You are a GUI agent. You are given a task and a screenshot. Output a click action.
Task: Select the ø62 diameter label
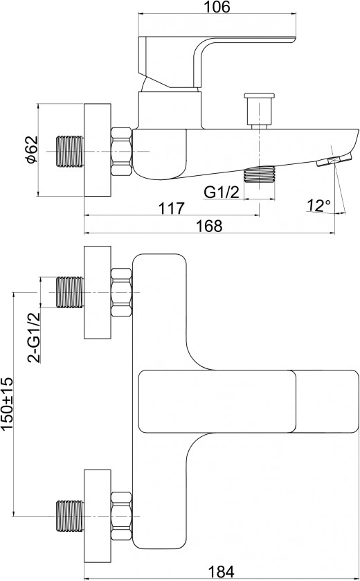(32, 150)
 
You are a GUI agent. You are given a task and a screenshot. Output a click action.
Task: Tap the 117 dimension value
(172, 208)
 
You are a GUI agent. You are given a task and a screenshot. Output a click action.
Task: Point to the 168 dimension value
(209, 226)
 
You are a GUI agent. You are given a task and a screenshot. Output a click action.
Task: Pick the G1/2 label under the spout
(222, 193)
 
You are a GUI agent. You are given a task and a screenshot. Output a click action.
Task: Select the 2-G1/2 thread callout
(34, 337)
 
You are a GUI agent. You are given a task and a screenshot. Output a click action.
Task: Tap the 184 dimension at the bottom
(220, 572)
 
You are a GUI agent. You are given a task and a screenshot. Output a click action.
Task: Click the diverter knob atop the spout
(259, 110)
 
